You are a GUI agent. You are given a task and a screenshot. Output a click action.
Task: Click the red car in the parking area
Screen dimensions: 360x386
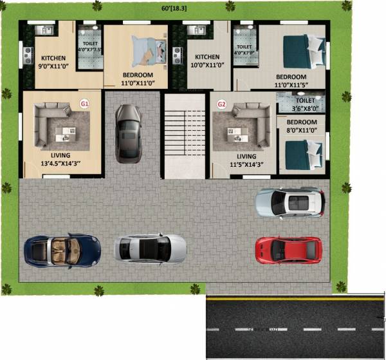coord(288,249)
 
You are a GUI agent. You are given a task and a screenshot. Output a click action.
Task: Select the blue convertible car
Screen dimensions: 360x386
coord(62,250)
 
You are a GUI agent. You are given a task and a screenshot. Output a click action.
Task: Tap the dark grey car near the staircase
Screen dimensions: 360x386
coord(128,133)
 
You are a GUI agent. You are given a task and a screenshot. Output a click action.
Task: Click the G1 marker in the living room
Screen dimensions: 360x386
coord(84,103)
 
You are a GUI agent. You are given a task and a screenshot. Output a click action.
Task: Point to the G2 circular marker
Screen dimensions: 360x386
coord(222,103)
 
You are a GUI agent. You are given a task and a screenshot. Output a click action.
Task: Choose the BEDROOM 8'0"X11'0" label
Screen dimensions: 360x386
coord(301,126)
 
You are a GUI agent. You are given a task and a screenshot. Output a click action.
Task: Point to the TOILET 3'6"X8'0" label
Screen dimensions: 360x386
coord(305,105)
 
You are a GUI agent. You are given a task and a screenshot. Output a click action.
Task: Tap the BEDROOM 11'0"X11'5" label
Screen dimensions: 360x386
coord(301,81)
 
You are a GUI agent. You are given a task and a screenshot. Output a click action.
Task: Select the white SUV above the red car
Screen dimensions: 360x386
coord(289,202)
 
